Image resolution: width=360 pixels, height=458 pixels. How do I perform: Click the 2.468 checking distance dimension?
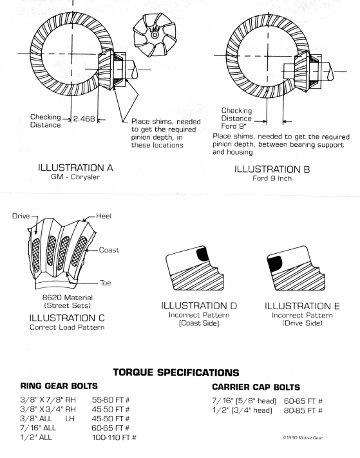click(84, 119)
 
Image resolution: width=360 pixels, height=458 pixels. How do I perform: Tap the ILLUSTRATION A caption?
click(75, 168)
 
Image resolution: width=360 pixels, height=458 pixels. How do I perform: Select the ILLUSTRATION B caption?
click(272, 169)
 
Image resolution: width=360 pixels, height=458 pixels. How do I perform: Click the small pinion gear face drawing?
click(155, 35)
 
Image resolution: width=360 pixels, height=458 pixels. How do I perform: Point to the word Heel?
click(104, 216)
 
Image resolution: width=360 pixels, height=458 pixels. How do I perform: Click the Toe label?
click(106, 283)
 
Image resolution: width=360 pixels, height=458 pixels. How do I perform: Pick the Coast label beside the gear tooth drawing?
click(109, 250)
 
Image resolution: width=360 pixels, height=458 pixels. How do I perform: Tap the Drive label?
click(21, 216)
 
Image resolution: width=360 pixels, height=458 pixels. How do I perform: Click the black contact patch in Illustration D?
click(202, 254)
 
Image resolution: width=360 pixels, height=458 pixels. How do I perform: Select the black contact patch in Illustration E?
click(274, 263)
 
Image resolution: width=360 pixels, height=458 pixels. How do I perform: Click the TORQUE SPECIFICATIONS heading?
click(176, 372)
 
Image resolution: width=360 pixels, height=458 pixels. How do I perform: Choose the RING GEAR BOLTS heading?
click(59, 386)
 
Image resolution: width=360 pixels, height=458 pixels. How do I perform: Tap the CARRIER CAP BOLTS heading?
click(256, 387)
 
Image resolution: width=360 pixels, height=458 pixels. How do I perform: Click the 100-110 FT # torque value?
click(114, 437)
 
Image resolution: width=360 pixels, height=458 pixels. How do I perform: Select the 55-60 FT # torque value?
click(111, 400)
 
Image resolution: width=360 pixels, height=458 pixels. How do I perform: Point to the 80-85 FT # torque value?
click(303, 411)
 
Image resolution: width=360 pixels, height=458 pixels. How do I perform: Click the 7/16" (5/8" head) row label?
click(244, 401)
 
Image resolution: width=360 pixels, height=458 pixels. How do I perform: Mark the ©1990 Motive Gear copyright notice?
click(303, 437)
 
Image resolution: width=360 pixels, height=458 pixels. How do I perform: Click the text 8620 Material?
click(68, 298)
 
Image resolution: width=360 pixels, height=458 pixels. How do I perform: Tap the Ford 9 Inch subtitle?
click(272, 178)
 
